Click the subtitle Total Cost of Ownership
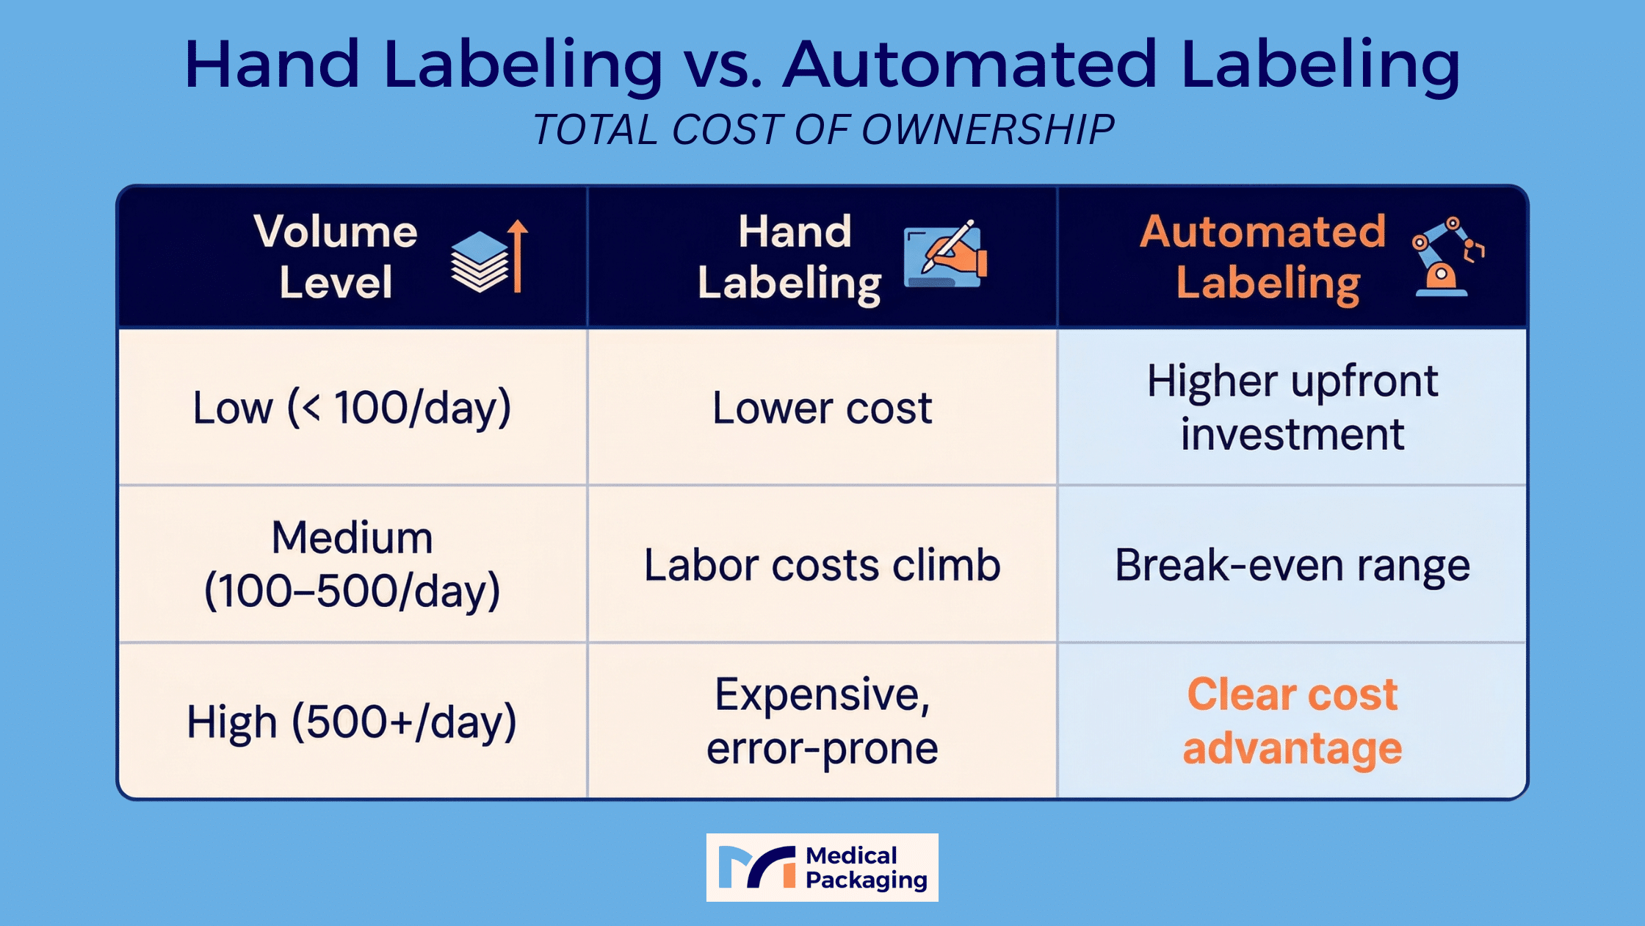point(823,130)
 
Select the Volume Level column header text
point(336,256)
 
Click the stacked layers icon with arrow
point(489,256)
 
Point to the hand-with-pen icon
point(946,254)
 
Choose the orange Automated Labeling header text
point(1263,258)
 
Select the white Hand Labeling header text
point(791,258)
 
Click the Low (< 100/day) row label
point(352,408)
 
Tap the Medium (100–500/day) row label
point(352,564)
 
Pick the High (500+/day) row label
point(352,722)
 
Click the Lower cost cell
point(822,408)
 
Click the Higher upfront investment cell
point(1292,408)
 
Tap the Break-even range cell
point(1292,565)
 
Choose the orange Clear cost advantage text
point(1292,722)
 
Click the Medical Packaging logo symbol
point(757,867)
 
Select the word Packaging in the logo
point(867,881)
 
